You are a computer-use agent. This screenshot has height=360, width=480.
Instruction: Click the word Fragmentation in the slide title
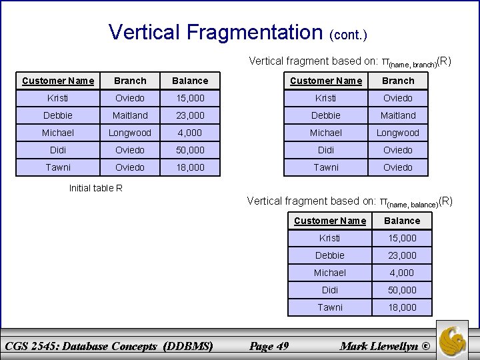tap(255, 32)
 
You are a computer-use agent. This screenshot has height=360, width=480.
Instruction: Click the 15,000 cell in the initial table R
tap(190, 98)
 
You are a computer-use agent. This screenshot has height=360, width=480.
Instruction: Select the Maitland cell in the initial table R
tap(130, 115)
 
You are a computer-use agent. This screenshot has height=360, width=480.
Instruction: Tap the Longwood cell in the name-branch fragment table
tap(398, 133)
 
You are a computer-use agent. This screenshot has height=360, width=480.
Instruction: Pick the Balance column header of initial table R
tap(190, 81)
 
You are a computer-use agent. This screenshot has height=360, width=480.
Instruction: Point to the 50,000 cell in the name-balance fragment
tap(403, 290)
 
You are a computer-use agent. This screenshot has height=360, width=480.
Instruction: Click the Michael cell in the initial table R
tap(58, 133)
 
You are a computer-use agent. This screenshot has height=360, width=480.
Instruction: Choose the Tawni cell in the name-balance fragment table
tap(329, 307)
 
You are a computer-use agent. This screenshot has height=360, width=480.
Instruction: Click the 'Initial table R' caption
tap(96, 188)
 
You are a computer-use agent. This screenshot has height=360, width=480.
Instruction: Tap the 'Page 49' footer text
tap(269, 345)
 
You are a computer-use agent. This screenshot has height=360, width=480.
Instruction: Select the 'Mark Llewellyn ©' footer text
tap(385, 345)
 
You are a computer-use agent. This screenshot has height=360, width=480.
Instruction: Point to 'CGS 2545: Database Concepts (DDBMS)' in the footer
tap(108, 345)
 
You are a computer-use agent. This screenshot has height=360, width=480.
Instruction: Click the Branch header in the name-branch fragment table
tap(398, 81)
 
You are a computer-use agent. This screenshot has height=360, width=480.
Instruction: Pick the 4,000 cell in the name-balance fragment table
tap(403, 273)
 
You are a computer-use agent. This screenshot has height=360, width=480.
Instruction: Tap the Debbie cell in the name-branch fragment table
tap(326, 115)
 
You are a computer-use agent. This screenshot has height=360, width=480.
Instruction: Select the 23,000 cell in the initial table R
tap(190, 115)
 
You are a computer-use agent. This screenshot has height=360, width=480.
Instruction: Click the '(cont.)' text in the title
tap(348, 34)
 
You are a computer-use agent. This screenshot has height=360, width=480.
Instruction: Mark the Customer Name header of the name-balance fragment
tap(329, 221)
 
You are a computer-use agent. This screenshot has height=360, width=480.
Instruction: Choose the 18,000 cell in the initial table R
tap(190, 167)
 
